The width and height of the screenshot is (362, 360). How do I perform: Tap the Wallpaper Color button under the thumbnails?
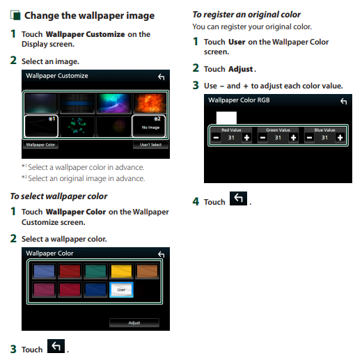point(40,145)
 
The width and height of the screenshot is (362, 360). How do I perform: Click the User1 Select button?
point(150,145)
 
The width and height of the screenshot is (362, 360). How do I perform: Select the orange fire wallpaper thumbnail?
point(150,103)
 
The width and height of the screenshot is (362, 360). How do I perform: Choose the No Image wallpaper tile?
point(149,126)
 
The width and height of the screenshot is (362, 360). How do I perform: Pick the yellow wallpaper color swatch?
point(121,271)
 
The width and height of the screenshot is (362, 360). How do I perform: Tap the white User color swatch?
point(121,290)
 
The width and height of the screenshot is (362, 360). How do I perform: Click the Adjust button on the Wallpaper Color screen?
point(134,322)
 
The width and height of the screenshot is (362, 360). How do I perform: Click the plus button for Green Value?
point(293,138)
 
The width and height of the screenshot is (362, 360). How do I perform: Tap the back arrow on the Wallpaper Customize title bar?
point(162,77)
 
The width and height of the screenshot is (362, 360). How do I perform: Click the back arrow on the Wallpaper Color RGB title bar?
point(344,101)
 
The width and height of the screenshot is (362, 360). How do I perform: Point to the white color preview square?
point(226,118)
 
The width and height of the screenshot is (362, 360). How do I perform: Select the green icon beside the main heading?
point(15,15)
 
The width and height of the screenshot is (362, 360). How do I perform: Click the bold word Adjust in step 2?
point(241,69)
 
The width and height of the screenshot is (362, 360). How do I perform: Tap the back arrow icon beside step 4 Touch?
point(238,198)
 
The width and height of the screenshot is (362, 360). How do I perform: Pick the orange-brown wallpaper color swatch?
point(147,271)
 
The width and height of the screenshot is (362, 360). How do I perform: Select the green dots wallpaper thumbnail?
point(77,126)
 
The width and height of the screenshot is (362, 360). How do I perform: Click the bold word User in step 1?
point(237,42)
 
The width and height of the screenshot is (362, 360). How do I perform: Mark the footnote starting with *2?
point(84,178)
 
